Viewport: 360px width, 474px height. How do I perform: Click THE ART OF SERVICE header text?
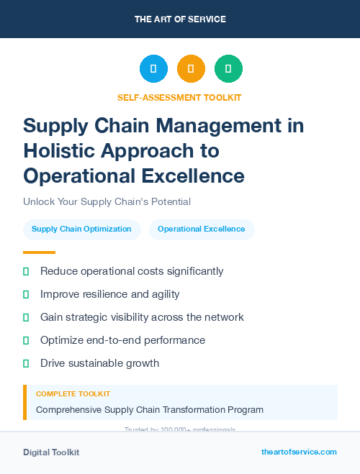(x=180, y=19)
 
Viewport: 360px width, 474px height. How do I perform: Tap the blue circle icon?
(x=153, y=69)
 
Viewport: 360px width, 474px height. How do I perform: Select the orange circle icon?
(x=191, y=69)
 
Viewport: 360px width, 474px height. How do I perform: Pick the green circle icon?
(x=228, y=69)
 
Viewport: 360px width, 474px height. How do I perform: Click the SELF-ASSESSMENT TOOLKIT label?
(x=179, y=97)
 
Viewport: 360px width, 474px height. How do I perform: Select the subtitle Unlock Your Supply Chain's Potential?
(x=107, y=202)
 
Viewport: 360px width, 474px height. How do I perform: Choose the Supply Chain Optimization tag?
(x=81, y=229)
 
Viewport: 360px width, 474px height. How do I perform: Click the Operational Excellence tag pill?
(x=202, y=229)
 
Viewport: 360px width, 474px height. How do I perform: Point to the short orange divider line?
(x=39, y=252)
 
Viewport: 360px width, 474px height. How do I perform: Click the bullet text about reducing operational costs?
(x=132, y=271)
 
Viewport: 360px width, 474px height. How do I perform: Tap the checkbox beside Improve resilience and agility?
(x=26, y=294)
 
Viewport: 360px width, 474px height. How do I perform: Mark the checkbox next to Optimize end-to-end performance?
(x=26, y=340)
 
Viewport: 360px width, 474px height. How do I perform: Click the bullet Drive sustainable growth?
(x=99, y=363)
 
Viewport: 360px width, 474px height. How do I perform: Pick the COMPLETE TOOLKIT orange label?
(x=73, y=394)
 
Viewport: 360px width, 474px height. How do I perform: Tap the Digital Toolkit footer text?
(x=51, y=452)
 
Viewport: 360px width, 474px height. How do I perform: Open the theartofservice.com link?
(x=299, y=452)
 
